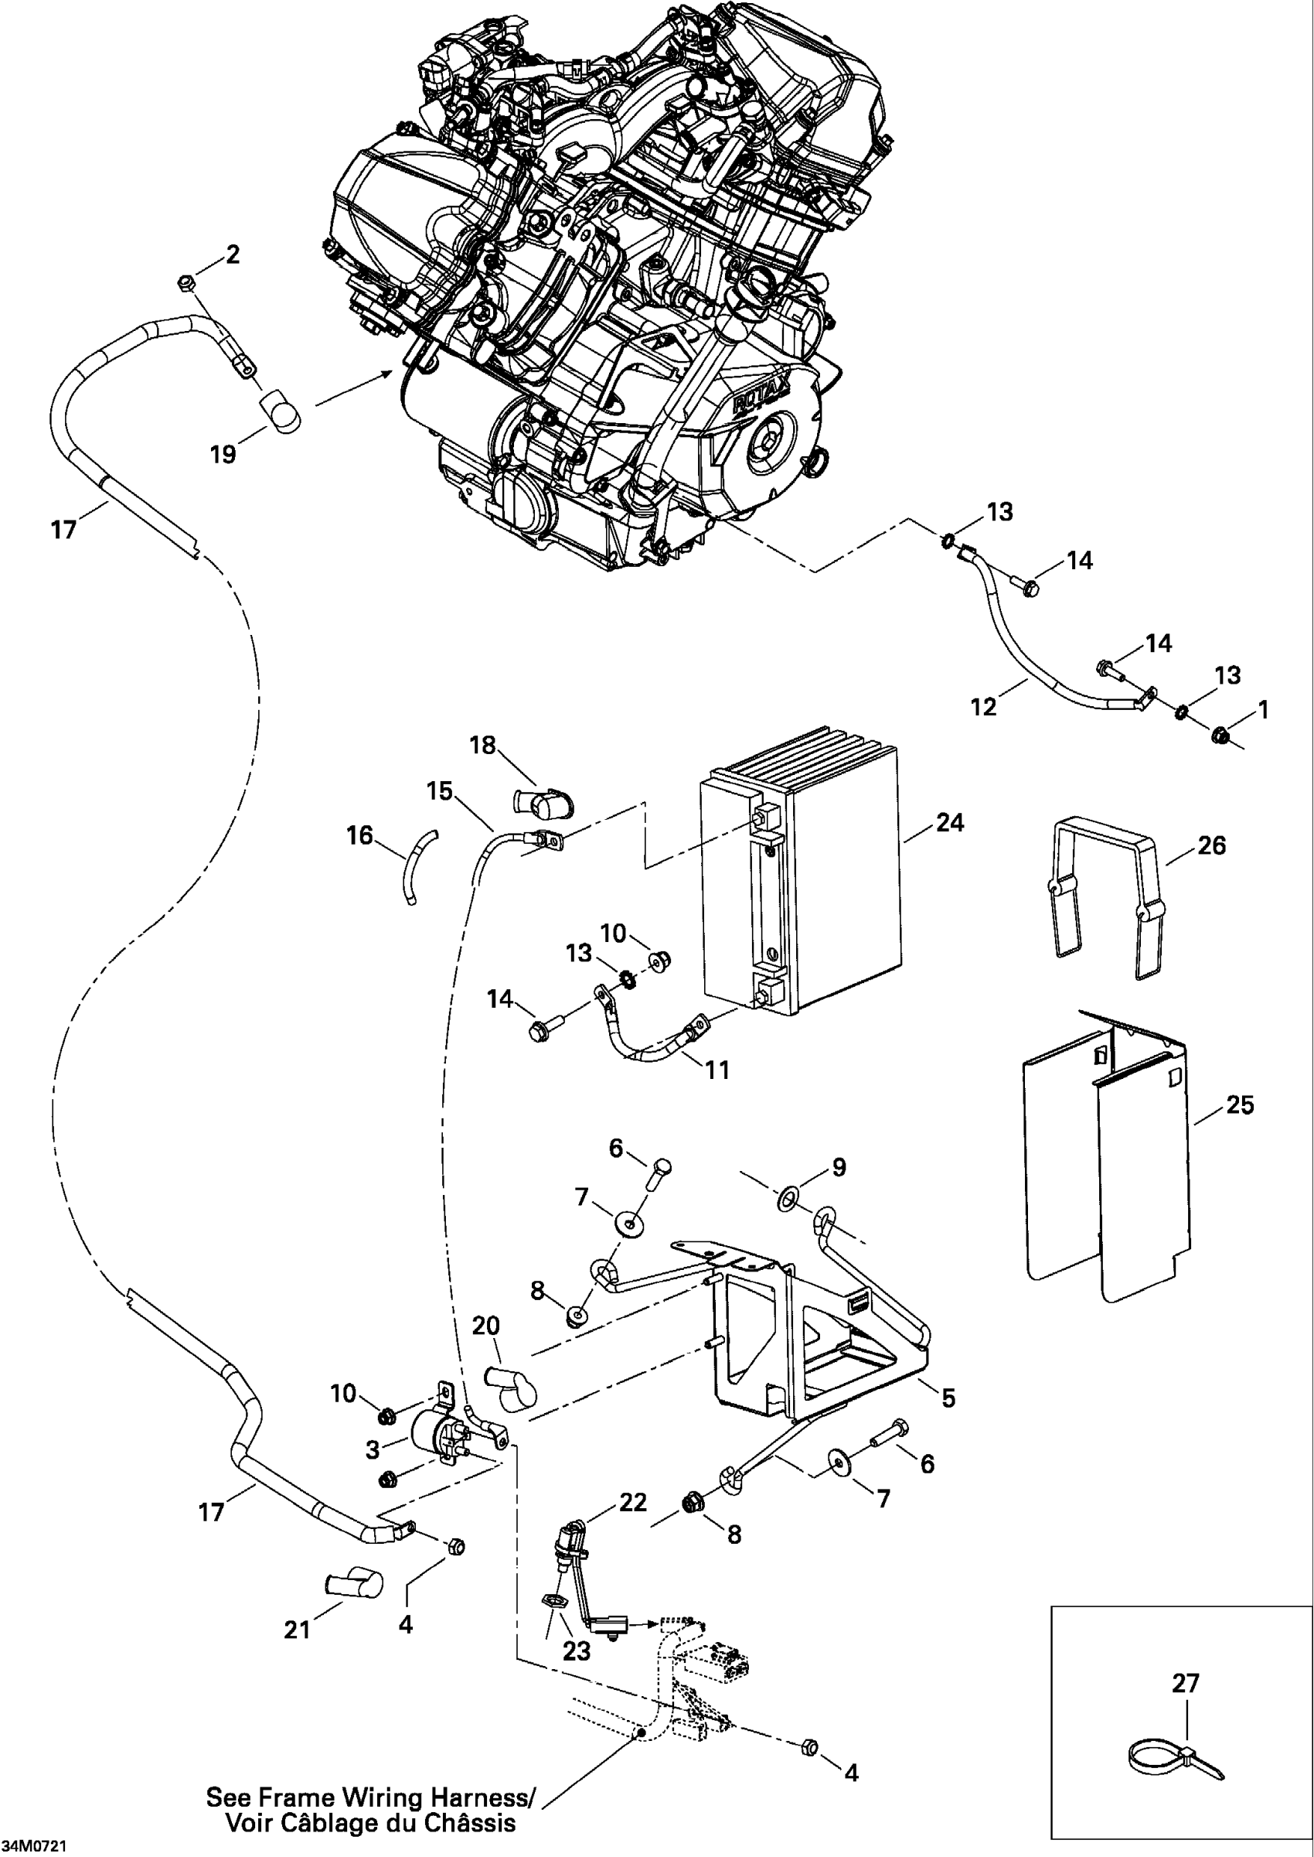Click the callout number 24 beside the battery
(950, 822)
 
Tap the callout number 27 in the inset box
(1186, 1684)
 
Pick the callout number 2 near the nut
(233, 255)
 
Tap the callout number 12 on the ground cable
(983, 707)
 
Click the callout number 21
(297, 1629)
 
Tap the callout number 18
(483, 745)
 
